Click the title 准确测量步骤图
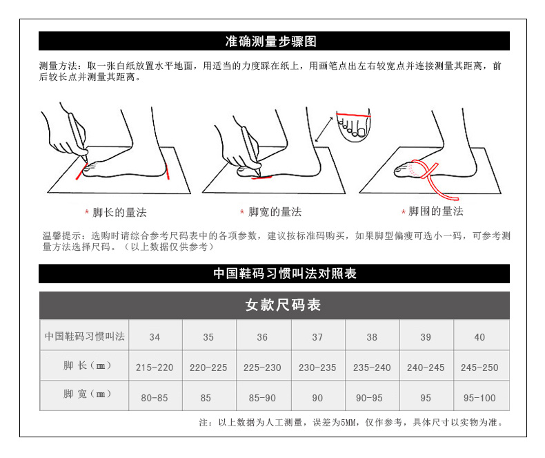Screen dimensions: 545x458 [270, 41]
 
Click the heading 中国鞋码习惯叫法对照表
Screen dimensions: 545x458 [285, 274]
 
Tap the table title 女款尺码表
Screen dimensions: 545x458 [283, 305]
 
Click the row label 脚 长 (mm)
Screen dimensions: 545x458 [87, 365]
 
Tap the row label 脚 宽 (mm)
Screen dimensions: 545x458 [87, 394]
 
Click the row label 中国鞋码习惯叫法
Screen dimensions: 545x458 [85, 336]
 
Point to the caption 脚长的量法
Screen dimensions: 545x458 [119, 212]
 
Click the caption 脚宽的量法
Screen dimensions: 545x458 [275, 211]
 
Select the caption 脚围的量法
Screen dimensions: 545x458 [436, 211]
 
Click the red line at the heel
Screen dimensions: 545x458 [168, 171]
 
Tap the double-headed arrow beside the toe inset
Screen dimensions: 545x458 [324, 130]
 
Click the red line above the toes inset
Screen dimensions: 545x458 [353, 115]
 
